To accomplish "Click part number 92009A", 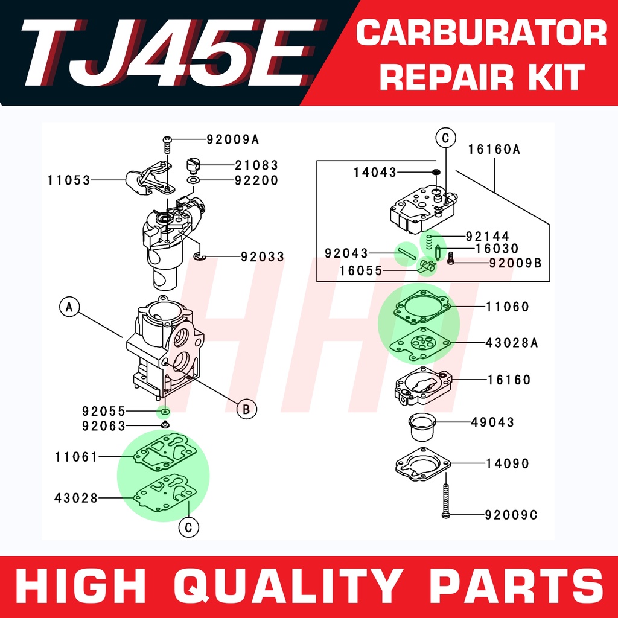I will (232, 140).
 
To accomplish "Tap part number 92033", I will (262, 257).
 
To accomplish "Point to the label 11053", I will (69, 180).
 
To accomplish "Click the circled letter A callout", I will (69, 307).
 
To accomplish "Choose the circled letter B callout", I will (246, 409).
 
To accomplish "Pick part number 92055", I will (104, 412).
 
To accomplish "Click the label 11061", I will (75, 457).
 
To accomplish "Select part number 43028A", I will (512, 342).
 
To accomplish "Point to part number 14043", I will (375, 173).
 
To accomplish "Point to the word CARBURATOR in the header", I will (481, 34).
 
